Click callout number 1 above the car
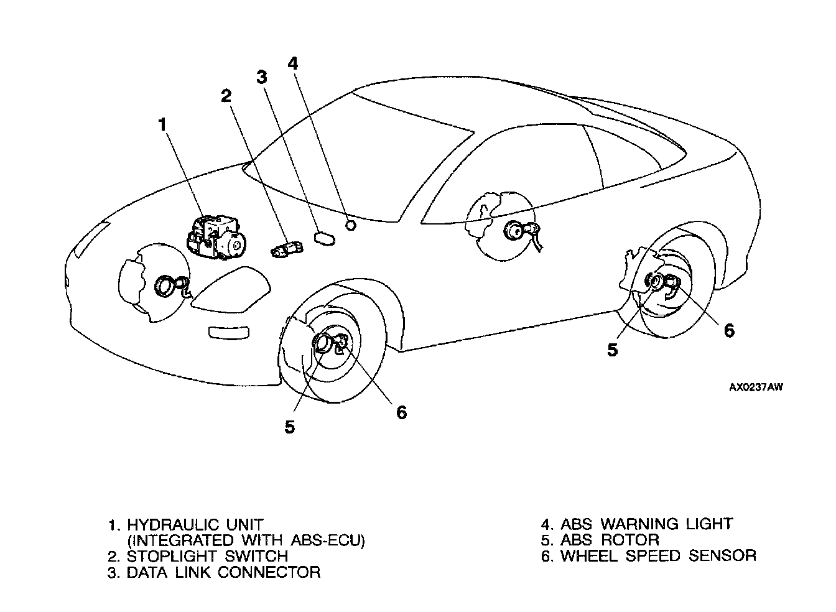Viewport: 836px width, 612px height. click(x=162, y=124)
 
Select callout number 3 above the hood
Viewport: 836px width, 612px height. click(x=261, y=76)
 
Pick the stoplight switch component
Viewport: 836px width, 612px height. click(x=287, y=249)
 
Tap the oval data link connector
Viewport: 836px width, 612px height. click(x=325, y=238)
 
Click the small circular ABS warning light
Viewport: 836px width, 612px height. click(x=351, y=225)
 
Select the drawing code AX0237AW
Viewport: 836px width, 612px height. click(x=756, y=387)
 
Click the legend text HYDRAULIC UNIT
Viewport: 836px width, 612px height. click(x=195, y=524)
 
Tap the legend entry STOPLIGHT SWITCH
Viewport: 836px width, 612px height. click(x=207, y=556)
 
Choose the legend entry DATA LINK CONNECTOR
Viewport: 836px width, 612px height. click(x=223, y=572)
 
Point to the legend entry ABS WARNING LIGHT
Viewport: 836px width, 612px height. click(x=646, y=524)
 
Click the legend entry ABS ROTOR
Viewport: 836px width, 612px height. click(x=610, y=540)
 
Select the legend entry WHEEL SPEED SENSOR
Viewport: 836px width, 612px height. click(x=658, y=556)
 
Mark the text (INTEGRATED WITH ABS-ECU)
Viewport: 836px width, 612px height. click(x=246, y=540)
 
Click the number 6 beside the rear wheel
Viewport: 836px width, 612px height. click(x=728, y=330)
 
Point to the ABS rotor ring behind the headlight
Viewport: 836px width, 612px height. click(x=167, y=287)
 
